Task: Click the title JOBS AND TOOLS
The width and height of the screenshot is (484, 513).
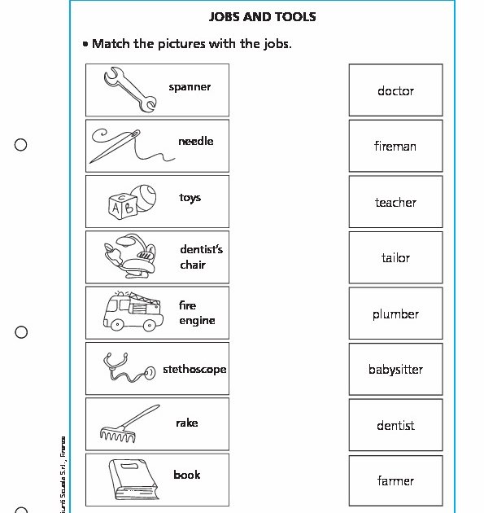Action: [262, 17]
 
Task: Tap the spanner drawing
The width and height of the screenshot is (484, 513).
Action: [129, 89]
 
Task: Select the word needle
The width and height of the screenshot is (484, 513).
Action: [195, 142]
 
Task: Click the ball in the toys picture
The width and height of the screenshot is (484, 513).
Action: [148, 196]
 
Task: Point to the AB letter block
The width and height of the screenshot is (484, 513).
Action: [120, 206]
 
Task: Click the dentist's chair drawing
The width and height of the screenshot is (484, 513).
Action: [129, 255]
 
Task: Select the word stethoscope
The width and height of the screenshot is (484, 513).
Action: [194, 369]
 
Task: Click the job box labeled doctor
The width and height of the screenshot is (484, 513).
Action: [395, 90]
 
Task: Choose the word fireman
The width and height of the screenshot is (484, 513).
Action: [395, 147]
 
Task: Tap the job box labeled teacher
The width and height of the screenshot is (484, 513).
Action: [395, 202]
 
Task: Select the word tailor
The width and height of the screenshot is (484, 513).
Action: [395, 258]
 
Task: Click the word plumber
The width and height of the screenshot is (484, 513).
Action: [395, 314]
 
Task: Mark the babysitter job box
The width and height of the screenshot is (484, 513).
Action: [395, 370]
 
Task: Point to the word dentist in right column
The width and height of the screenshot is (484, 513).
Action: [395, 426]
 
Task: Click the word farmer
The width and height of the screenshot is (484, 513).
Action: [395, 481]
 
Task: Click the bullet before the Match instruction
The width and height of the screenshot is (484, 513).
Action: [85, 44]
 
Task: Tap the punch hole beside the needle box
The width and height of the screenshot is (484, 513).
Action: [21, 145]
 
